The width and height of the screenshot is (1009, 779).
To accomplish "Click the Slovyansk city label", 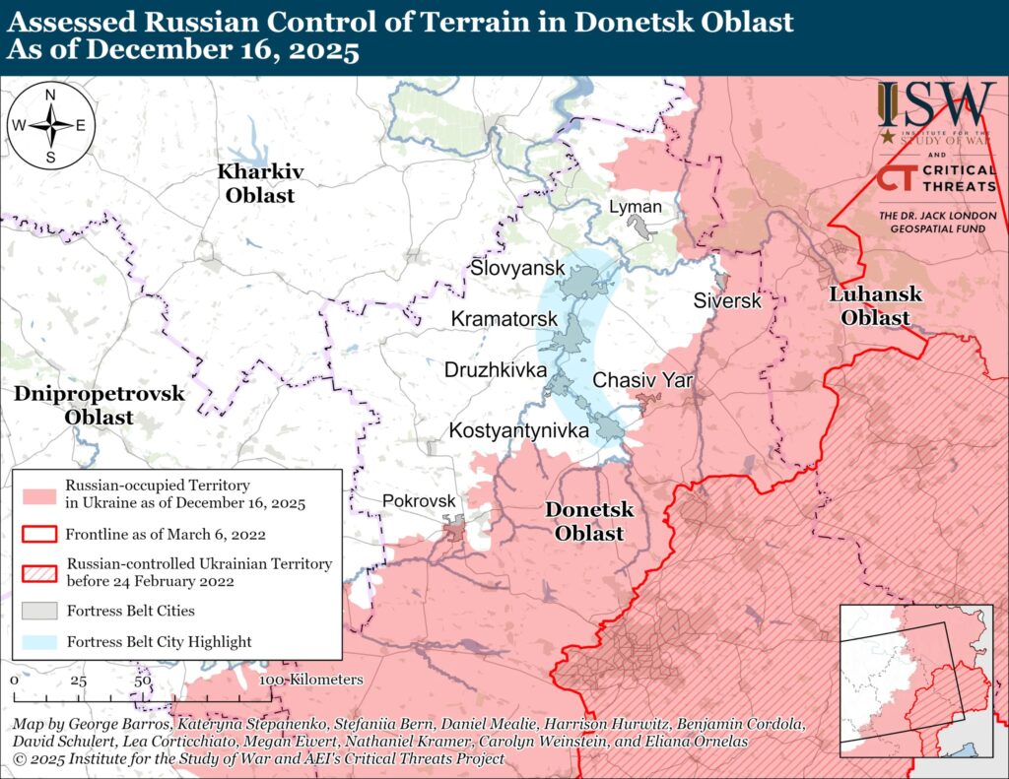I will (517, 269).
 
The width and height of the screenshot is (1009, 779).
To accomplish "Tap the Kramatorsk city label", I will (504, 320).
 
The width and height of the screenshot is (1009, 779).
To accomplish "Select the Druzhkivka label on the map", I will (496, 371).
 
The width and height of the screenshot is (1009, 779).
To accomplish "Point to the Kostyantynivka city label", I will (519, 430).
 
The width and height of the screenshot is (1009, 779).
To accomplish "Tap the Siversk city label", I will (727, 301).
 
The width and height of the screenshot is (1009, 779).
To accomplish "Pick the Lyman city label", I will (635, 208).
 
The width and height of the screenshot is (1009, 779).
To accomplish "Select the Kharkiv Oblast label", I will (260, 183).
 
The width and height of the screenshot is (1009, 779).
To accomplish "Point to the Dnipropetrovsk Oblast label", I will (100, 405).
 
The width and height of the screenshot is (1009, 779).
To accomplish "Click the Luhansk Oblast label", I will (875, 306).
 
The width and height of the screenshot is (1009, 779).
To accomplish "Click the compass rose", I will (50, 125).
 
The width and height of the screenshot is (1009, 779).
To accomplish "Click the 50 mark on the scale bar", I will (141, 681).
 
